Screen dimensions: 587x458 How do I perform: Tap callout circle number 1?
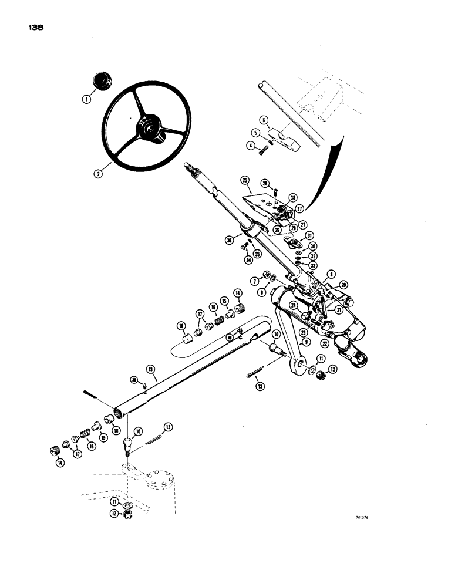point(86,100)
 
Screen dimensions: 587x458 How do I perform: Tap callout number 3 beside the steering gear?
point(332,274)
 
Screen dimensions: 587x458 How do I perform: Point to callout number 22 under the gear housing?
point(325,343)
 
